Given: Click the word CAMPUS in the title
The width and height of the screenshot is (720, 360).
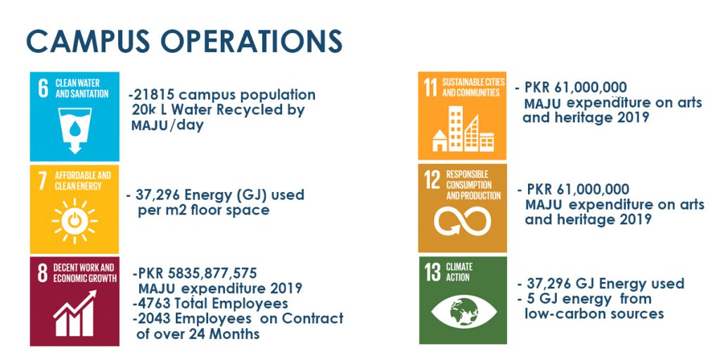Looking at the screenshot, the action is (x=88, y=41).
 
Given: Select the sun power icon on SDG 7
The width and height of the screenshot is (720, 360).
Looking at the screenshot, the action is (x=75, y=221).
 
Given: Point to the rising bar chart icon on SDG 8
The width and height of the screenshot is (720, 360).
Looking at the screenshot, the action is (x=75, y=313).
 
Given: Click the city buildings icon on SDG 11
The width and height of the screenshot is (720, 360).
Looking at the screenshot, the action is (x=463, y=129).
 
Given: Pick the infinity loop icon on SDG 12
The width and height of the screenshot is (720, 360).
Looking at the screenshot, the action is (x=463, y=221).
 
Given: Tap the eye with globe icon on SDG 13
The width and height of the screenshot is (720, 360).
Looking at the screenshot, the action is (x=464, y=313).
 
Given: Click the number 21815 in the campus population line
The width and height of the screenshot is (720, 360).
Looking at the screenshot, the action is (x=154, y=95).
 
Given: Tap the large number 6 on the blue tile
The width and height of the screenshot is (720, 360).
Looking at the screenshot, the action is (x=43, y=88).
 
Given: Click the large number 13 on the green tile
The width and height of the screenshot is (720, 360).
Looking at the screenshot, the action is (x=432, y=272).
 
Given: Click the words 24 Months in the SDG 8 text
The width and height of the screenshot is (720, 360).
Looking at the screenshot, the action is (x=234, y=334).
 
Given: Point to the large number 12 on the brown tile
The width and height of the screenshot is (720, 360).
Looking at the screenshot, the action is (x=432, y=181).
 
